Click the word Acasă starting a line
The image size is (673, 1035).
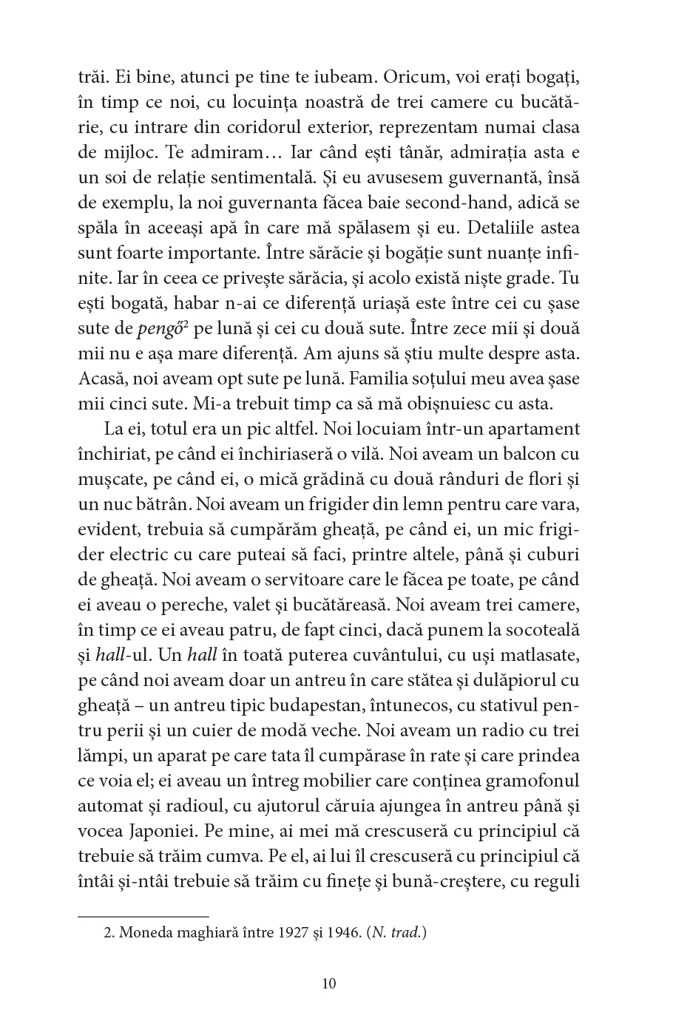click(100, 379)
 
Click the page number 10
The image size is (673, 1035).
click(329, 983)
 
